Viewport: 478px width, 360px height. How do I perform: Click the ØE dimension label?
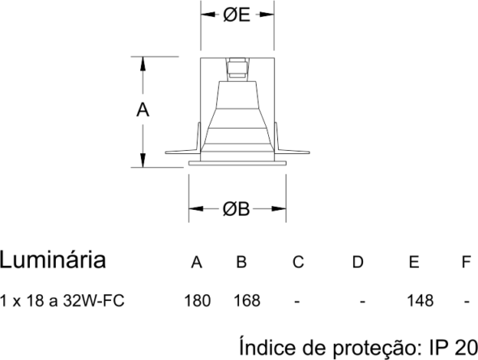(237, 15)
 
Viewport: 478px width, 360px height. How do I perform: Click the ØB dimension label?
(237, 209)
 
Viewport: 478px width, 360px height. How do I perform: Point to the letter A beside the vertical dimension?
(143, 109)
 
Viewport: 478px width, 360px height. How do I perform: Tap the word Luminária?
(53, 259)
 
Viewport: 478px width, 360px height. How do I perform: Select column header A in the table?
(197, 262)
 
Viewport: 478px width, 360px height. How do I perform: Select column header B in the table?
(241, 262)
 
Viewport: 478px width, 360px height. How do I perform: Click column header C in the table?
(298, 262)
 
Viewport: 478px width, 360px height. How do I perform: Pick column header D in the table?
(358, 262)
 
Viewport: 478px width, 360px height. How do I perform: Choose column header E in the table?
(414, 262)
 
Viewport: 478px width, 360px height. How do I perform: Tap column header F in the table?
(467, 262)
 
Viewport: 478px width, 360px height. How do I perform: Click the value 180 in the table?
(198, 301)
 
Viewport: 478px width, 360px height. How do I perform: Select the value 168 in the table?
(247, 301)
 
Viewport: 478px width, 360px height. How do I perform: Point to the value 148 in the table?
(420, 301)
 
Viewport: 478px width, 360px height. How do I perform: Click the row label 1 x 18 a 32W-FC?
(62, 301)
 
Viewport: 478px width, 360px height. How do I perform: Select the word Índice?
(267, 346)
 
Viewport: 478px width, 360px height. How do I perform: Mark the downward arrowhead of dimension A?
(143, 161)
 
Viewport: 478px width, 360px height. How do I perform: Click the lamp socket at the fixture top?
(237, 70)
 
